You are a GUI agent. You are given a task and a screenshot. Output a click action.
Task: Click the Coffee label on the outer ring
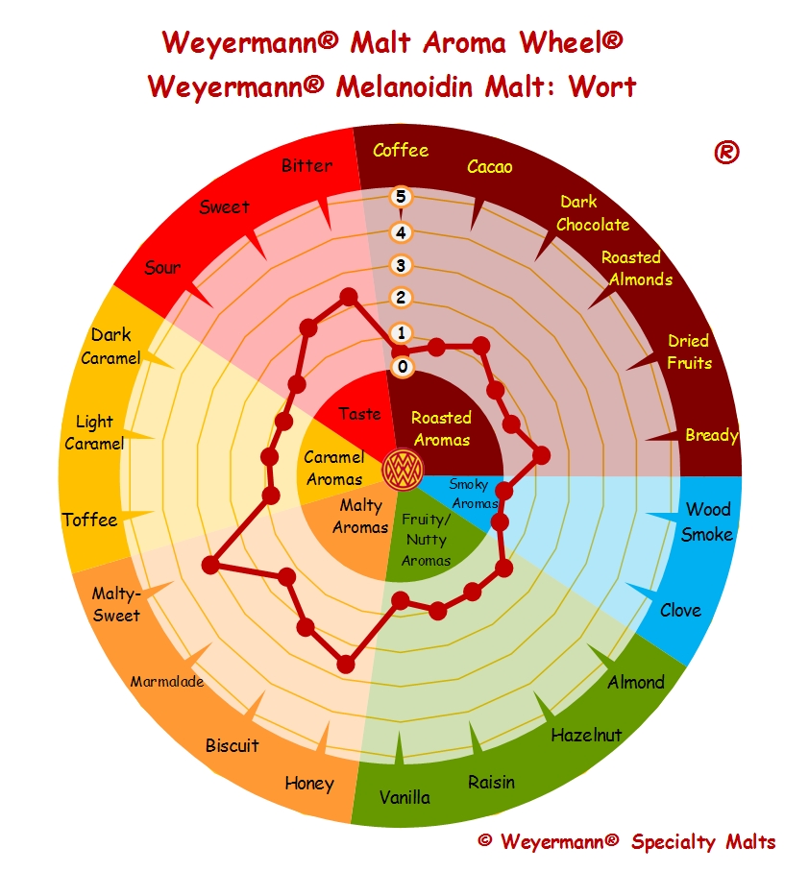click(x=401, y=150)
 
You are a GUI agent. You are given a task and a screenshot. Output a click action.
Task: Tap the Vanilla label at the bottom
click(x=404, y=797)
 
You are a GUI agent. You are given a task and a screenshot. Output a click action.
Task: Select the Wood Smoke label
click(x=707, y=521)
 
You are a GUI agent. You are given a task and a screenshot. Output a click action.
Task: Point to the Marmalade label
click(x=167, y=681)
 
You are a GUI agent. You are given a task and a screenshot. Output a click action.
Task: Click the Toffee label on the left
click(x=89, y=520)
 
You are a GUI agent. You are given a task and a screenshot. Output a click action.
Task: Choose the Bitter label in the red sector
click(x=306, y=165)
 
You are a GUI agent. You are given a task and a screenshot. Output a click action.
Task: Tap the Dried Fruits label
click(x=689, y=351)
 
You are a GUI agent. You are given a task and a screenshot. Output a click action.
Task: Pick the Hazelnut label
click(x=586, y=736)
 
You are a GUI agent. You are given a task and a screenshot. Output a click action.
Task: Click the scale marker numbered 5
click(x=402, y=197)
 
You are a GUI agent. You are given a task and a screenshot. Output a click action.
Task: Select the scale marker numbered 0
click(x=403, y=367)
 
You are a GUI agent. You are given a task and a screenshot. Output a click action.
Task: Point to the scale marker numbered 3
click(x=402, y=265)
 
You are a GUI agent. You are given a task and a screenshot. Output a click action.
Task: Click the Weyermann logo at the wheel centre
click(x=403, y=470)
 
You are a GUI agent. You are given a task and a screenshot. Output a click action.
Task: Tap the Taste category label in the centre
click(x=360, y=414)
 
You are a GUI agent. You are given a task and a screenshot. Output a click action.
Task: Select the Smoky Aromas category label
click(x=474, y=494)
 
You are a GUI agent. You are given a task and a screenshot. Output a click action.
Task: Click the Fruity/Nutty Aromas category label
click(x=426, y=540)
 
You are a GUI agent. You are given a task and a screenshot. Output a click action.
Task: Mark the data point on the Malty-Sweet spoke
click(x=210, y=566)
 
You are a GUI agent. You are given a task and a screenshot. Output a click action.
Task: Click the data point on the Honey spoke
click(x=346, y=664)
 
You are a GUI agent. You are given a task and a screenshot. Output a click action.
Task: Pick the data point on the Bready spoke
click(x=541, y=455)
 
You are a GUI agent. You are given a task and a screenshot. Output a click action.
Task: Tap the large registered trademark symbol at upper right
click(x=726, y=152)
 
